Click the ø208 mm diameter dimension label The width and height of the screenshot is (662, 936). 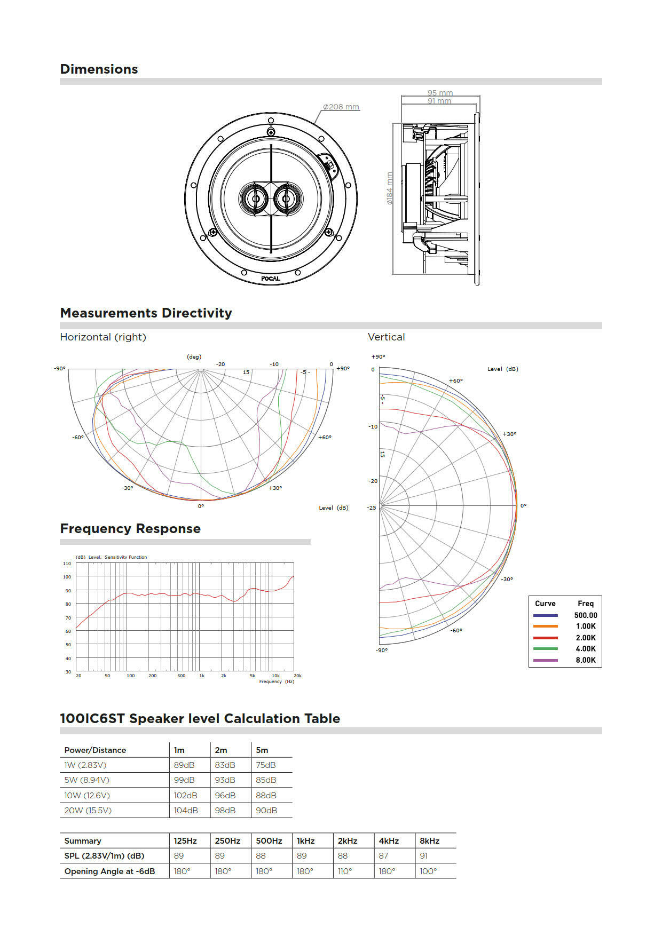341,107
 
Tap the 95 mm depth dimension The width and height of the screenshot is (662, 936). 439,93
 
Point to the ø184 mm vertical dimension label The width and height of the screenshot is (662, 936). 390,188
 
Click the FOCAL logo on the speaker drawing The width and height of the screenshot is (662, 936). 271,279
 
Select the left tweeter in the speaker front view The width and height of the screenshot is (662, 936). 255,199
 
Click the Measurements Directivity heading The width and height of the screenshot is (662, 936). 146,313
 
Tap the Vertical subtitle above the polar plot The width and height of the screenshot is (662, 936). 386,337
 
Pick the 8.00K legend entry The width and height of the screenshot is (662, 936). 585,660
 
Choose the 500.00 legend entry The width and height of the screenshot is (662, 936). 585,615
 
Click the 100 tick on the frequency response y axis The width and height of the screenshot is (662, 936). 67,577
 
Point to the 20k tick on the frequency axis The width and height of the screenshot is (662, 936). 297,676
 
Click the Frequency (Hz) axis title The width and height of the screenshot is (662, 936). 277,681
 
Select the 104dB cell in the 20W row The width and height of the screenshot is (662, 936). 186,810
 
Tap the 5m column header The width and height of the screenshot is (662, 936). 262,750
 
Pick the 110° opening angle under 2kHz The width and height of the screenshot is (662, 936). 345,871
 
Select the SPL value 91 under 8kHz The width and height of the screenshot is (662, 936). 423,855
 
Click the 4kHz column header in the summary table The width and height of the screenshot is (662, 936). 389,840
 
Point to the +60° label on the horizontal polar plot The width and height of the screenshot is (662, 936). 325,437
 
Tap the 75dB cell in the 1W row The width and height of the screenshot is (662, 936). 266,765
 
